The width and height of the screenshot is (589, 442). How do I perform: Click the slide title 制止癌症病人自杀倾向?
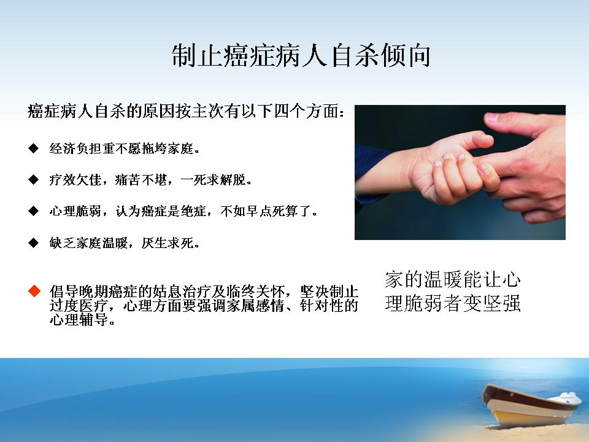301,55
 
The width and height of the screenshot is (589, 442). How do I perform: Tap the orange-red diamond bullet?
34,291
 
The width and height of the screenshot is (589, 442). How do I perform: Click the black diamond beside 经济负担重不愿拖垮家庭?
33,148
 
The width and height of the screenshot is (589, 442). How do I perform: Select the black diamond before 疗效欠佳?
33,179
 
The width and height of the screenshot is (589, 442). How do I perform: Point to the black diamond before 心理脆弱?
33,211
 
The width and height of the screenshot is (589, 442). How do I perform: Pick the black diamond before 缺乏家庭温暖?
33,243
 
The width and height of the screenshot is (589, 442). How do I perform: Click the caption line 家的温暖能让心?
453,280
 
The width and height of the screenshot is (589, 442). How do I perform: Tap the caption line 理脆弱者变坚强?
453,303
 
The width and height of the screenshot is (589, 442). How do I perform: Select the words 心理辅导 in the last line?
79,319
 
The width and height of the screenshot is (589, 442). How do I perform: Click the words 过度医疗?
79,306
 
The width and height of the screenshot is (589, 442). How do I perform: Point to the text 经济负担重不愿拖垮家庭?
121,149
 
